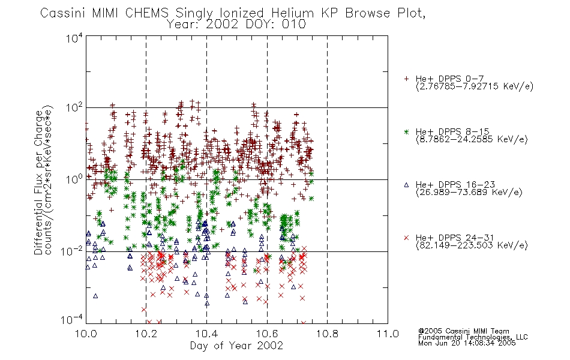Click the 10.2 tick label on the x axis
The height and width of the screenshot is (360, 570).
(146, 334)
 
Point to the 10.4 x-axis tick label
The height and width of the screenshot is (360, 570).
(206, 334)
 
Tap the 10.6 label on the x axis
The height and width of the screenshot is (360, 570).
(267, 334)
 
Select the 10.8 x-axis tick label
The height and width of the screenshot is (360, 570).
(327, 334)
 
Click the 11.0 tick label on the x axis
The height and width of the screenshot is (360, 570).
(388, 334)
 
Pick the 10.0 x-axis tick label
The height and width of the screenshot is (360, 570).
(86, 334)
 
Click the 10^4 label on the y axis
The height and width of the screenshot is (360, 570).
(74, 38)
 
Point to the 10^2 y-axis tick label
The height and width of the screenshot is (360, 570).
(74, 107)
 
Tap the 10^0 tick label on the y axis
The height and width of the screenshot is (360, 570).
(74, 179)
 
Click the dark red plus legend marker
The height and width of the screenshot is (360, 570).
(406, 79)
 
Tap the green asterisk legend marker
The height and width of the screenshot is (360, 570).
(406, 131)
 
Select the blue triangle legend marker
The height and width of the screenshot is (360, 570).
(406, 185)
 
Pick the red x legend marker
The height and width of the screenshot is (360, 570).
(406, 238)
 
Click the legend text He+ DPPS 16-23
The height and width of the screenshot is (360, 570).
(455, 185)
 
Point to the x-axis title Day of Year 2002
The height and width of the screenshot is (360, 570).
(236, 346)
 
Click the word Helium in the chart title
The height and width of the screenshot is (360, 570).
(292, 13)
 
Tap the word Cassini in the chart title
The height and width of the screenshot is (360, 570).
(62, 13)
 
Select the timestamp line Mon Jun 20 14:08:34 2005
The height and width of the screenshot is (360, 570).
(467, 343)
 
